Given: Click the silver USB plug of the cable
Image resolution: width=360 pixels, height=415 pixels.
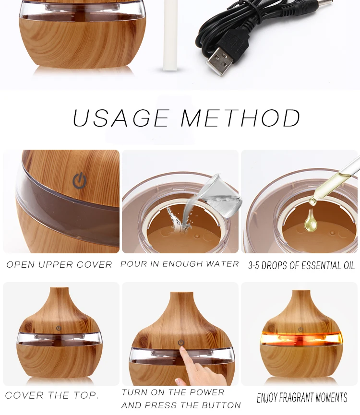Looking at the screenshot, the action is pos(219,61).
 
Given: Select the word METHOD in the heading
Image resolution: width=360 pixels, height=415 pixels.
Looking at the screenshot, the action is pos(240,118).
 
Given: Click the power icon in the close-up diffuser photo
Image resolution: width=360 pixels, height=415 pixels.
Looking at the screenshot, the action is pos(80,180).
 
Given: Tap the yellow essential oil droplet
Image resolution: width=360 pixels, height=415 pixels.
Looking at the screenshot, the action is pos(310,219).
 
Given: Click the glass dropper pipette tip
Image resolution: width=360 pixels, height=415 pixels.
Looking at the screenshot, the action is pos(312,202).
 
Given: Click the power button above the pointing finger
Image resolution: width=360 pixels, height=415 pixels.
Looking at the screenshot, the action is pos(181,343).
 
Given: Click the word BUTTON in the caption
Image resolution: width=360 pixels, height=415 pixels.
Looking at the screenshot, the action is pos(221,405).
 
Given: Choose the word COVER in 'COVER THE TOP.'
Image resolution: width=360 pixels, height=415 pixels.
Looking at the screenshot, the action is pos(24,395).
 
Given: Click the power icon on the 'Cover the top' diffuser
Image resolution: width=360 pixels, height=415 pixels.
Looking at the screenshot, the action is pos(59,329).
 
